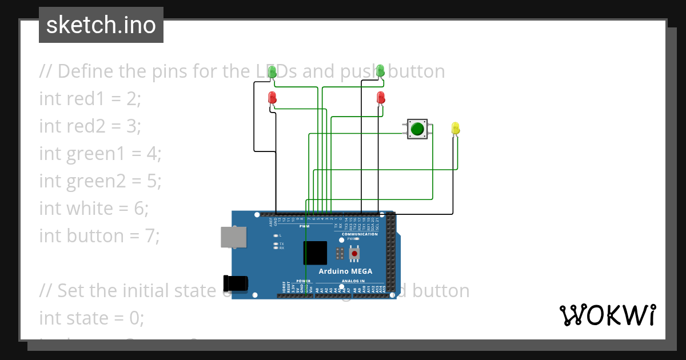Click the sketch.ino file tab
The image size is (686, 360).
[x=101, y=25]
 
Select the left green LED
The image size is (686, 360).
[x=272, y=71]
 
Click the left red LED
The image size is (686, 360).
[x=272, y=98]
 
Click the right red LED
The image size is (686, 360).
[x=381, y=98]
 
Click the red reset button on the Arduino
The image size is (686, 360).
[x=354, y=253]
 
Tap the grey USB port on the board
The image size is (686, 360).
[x=234, y=238]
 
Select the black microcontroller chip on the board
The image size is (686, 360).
[x=315, y=253]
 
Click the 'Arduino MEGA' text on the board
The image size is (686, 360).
[x=345, y=271]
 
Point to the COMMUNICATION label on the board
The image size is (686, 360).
[x=360, y=234]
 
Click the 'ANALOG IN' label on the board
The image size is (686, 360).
[x=353, y=281]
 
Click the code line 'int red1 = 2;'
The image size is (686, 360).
[x=90, y=98]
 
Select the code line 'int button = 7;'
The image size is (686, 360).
[x=99, y=235]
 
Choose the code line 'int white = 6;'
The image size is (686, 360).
[x=94, y=208]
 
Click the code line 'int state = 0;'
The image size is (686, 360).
[x=91, y=318]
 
